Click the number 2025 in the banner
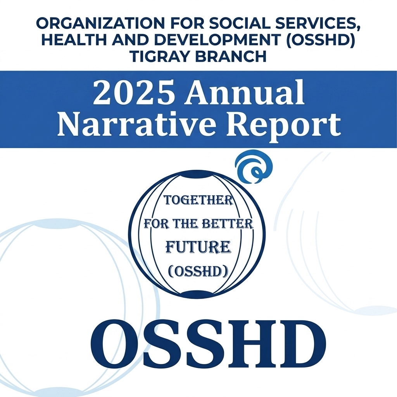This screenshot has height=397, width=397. [135, 93]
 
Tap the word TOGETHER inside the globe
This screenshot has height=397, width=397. [198, 200]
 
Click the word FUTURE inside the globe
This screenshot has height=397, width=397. [198, 247]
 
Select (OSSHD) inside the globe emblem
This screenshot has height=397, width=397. [198, 271]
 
